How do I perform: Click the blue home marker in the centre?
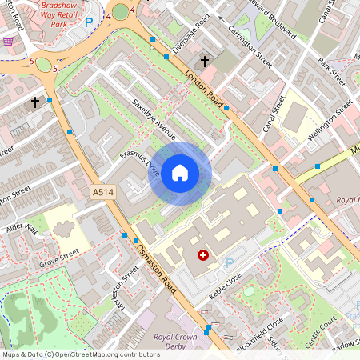180,172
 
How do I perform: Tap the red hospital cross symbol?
202,254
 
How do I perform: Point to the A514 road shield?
102,193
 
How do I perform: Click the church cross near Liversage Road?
205,61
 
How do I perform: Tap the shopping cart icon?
9,41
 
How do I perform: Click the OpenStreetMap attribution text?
80,354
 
